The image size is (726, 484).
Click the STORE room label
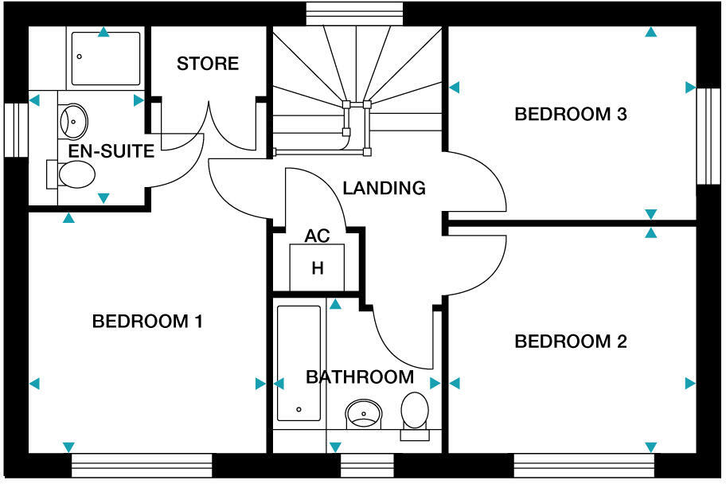pyautogui.click(x=208, y=64)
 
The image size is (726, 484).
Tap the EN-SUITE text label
pyautogui.click(x=111, y=151)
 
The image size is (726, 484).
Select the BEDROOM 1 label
pyautogui.click(x=147, y=322)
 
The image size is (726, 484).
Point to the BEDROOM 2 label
pyautogui.click(x=571, y=342)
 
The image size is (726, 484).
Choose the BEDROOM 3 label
pyautogui.click(x=571, y=114)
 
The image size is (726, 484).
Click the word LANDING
pyautogui.click(x=384, y=189)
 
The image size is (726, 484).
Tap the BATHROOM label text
pyautogui.click(x=360, y=377)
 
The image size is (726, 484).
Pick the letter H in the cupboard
pyautogui.click(x=318, y=268)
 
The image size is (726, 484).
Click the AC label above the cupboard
pyautogui.click(x=317, y=236)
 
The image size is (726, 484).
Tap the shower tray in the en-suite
pyautogui.click(x=105, y=58)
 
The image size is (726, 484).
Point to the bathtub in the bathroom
pyautogui.click(x=299, y=362)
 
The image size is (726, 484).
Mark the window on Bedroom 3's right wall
pyautogui.click(x=708, y=135)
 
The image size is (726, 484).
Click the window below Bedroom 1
pyautogui.click(x=142, y=465)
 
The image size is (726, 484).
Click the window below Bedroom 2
pyautogui.click(x=584, y=465)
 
